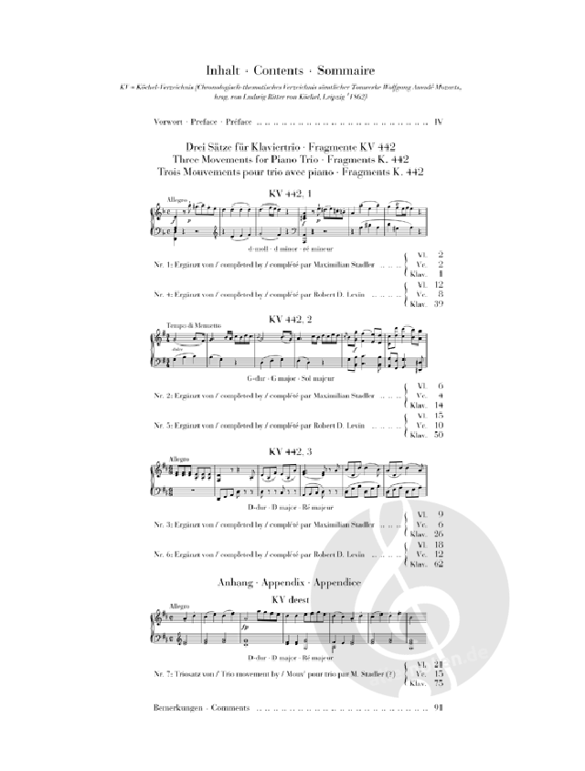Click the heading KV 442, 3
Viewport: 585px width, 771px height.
coord(290,450)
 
